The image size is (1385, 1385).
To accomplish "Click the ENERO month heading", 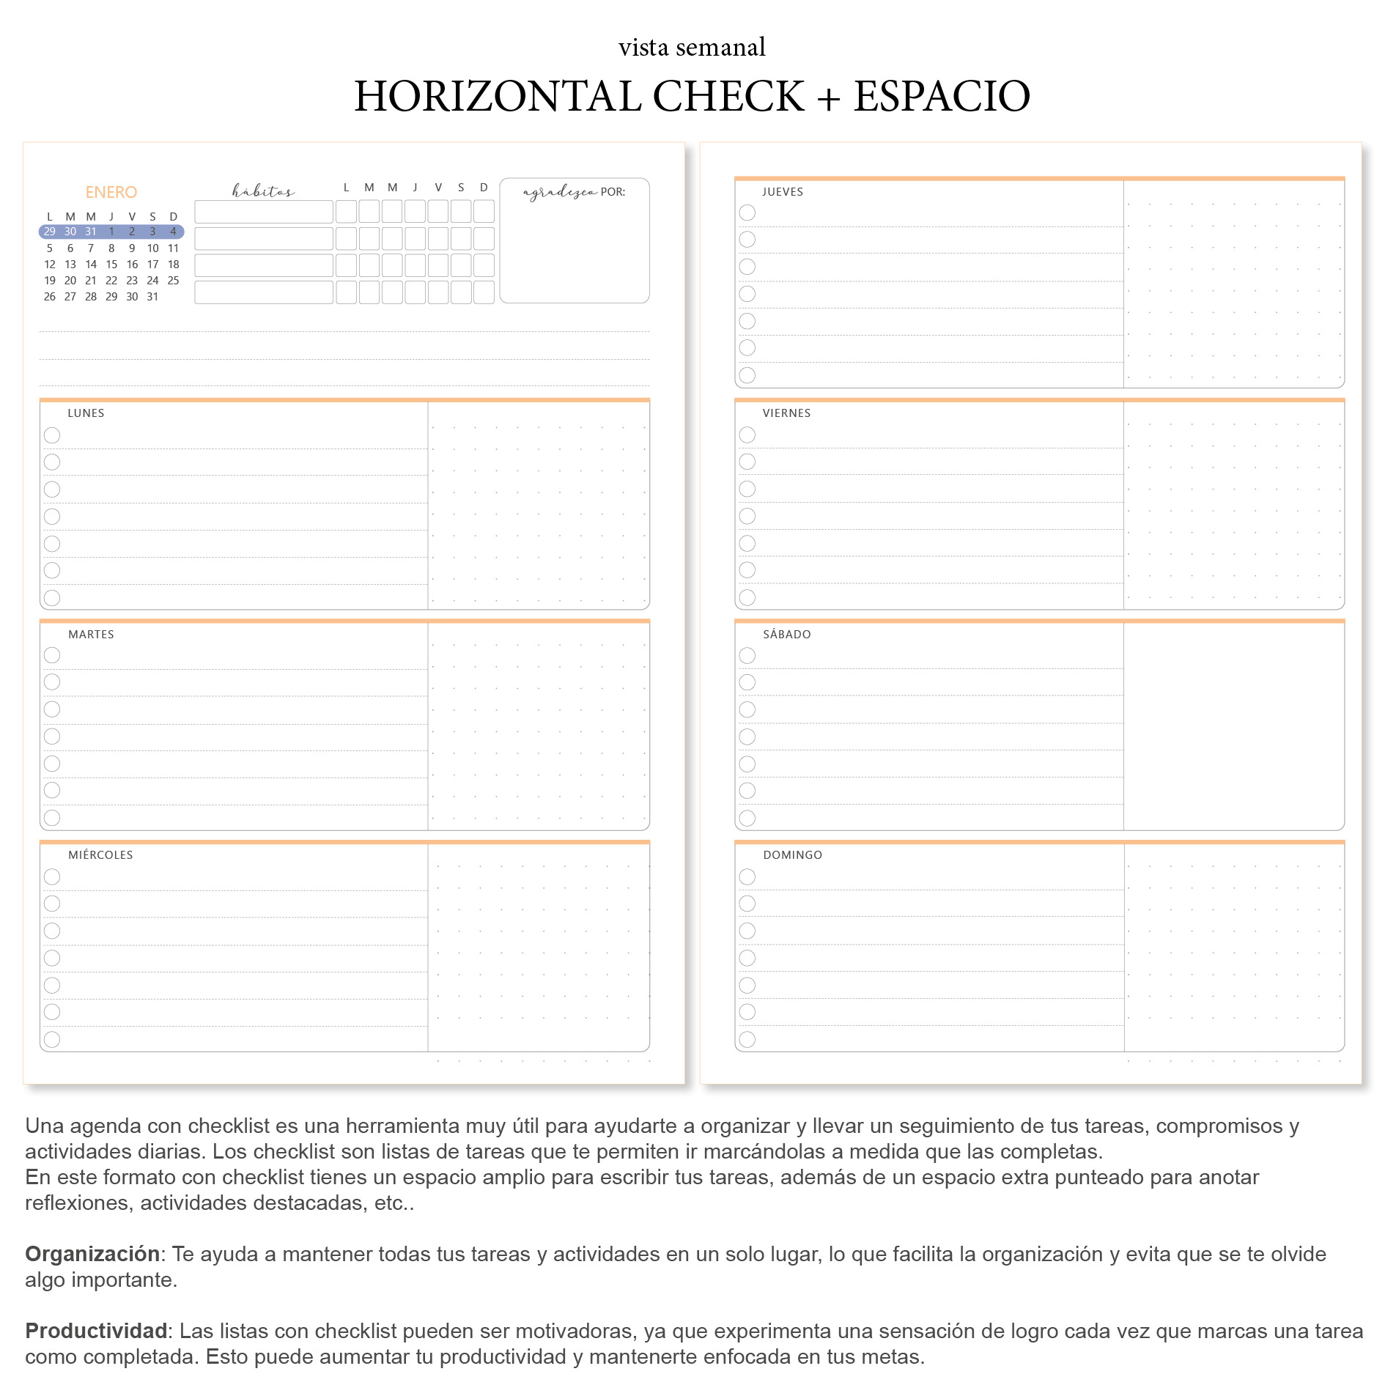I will pos(111,192).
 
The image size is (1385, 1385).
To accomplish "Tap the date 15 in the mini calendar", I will pos(111,265).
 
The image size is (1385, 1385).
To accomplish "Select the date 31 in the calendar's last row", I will pos(152,297).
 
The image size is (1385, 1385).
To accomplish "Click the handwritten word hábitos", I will pos(263,191).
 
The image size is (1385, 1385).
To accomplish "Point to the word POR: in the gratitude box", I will pos(613,192).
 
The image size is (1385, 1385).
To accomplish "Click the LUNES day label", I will pos(86,413).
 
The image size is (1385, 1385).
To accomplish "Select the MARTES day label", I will pos(91,635).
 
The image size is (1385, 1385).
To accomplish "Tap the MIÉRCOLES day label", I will pos(100,855).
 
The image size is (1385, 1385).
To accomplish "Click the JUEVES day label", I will pos(783,192).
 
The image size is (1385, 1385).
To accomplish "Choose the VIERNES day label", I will pos(786,413).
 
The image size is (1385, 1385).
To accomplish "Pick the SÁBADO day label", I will pos(787,635).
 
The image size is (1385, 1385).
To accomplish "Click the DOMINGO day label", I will pos(792,855).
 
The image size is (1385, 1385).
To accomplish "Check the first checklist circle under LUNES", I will pos(52,435).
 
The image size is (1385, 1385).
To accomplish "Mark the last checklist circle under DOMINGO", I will pos(747,1039).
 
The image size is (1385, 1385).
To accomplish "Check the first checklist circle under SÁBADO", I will pos(747,656).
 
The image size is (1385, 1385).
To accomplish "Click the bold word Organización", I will pos(92,1254).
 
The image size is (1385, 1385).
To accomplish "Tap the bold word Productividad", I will pos(96,1331).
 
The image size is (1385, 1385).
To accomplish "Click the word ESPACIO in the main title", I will pos(942,96).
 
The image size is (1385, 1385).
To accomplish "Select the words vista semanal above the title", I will pos(692,48).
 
